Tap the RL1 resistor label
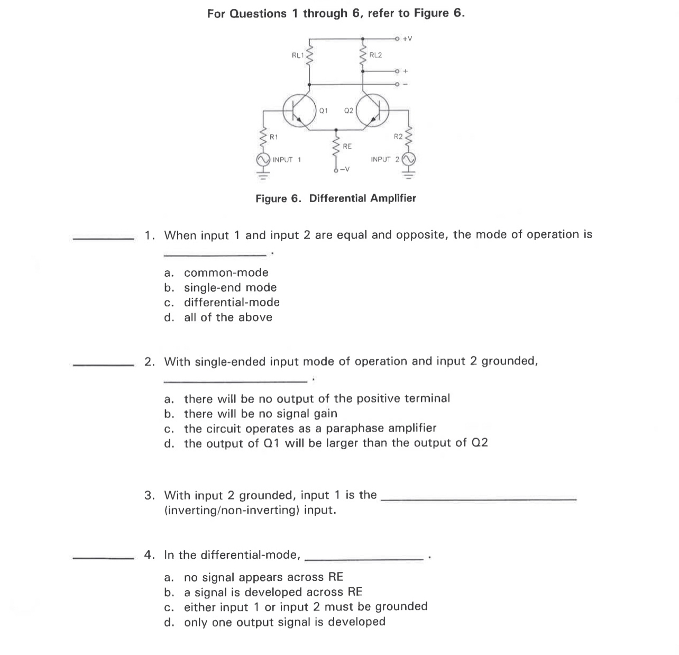(x=298, y=54)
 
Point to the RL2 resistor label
(x=375, y=55)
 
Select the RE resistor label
(x=347, y=146)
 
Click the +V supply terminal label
(x=407, y=39)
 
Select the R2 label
(x=398, y=137)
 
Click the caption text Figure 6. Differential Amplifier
(x=336, y=198)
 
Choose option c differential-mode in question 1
(x=232, y=303)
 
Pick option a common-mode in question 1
(x=226, y=273)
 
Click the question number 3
(x=150, y=496)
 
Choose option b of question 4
(x=273, y=592)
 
